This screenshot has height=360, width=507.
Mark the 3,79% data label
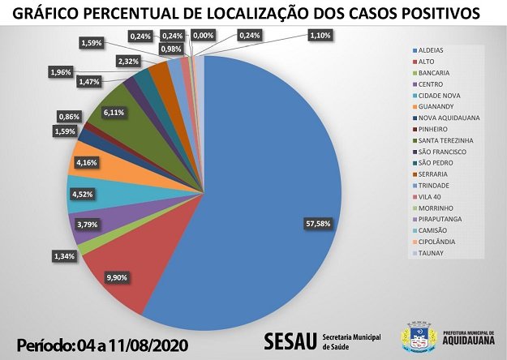point(87,224)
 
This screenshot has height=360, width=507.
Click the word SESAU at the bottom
point(290,339)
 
